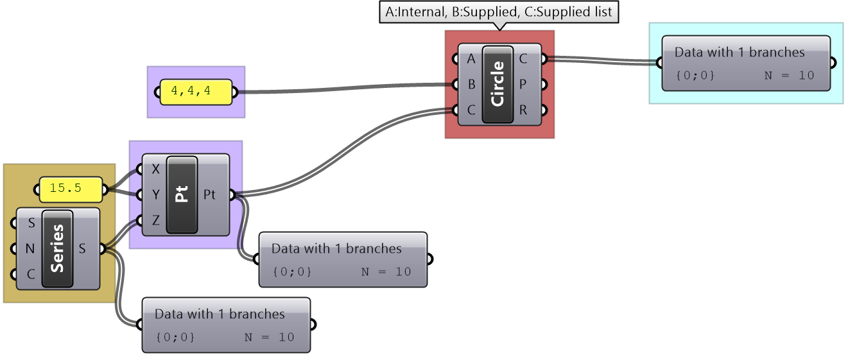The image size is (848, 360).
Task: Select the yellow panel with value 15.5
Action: [x=71, y=189]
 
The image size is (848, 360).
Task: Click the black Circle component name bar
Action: [x=498, y=84]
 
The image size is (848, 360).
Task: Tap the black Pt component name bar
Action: [x=182, y=194]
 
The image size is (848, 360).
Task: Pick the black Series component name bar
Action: [x=57, y=248]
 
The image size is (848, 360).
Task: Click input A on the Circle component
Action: [x=471, y=60]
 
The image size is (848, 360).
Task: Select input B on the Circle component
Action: [x=471, y=85]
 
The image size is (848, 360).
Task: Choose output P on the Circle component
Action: [x=523, y=85]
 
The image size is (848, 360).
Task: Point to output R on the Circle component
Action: [x=523, y=110]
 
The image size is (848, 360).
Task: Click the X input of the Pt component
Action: [x=155, y=169]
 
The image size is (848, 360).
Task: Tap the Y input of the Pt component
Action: [x=155, y=194]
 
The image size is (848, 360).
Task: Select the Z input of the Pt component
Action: [x=155, y=220]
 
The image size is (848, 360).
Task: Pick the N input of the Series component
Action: [x=30, y=249]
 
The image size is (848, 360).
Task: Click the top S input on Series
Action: [x=30, y=224]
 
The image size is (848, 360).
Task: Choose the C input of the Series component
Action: [x=30, y=275]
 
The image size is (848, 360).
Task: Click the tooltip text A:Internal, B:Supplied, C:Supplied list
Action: [x=498, y=12]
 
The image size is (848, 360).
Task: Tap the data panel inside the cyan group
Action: [x=745, y=63]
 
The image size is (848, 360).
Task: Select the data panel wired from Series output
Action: [x=226, y=325]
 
